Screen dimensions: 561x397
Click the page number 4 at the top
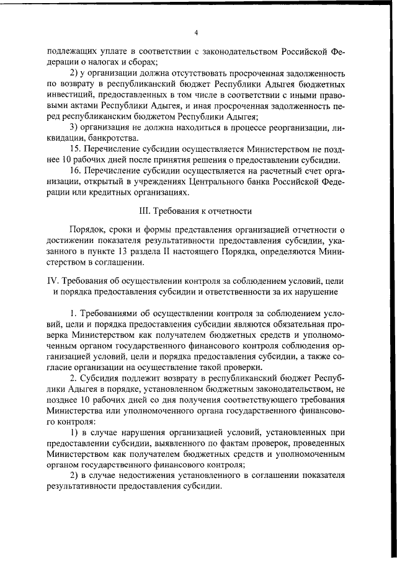click(195, 32)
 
